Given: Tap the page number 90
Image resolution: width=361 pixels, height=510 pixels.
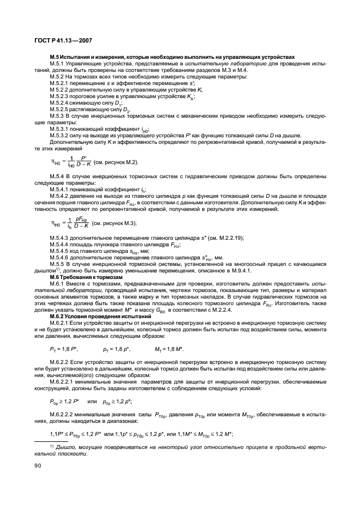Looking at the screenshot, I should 38,466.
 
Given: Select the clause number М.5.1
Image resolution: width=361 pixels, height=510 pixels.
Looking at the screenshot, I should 57,63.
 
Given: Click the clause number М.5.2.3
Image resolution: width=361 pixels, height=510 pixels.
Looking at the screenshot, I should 60,96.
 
